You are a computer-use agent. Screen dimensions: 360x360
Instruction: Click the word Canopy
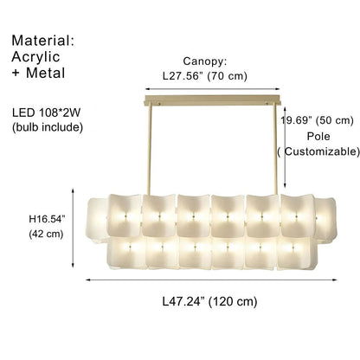tap(204, 61)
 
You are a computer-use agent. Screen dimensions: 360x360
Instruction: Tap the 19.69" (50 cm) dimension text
tap(319, 120)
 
